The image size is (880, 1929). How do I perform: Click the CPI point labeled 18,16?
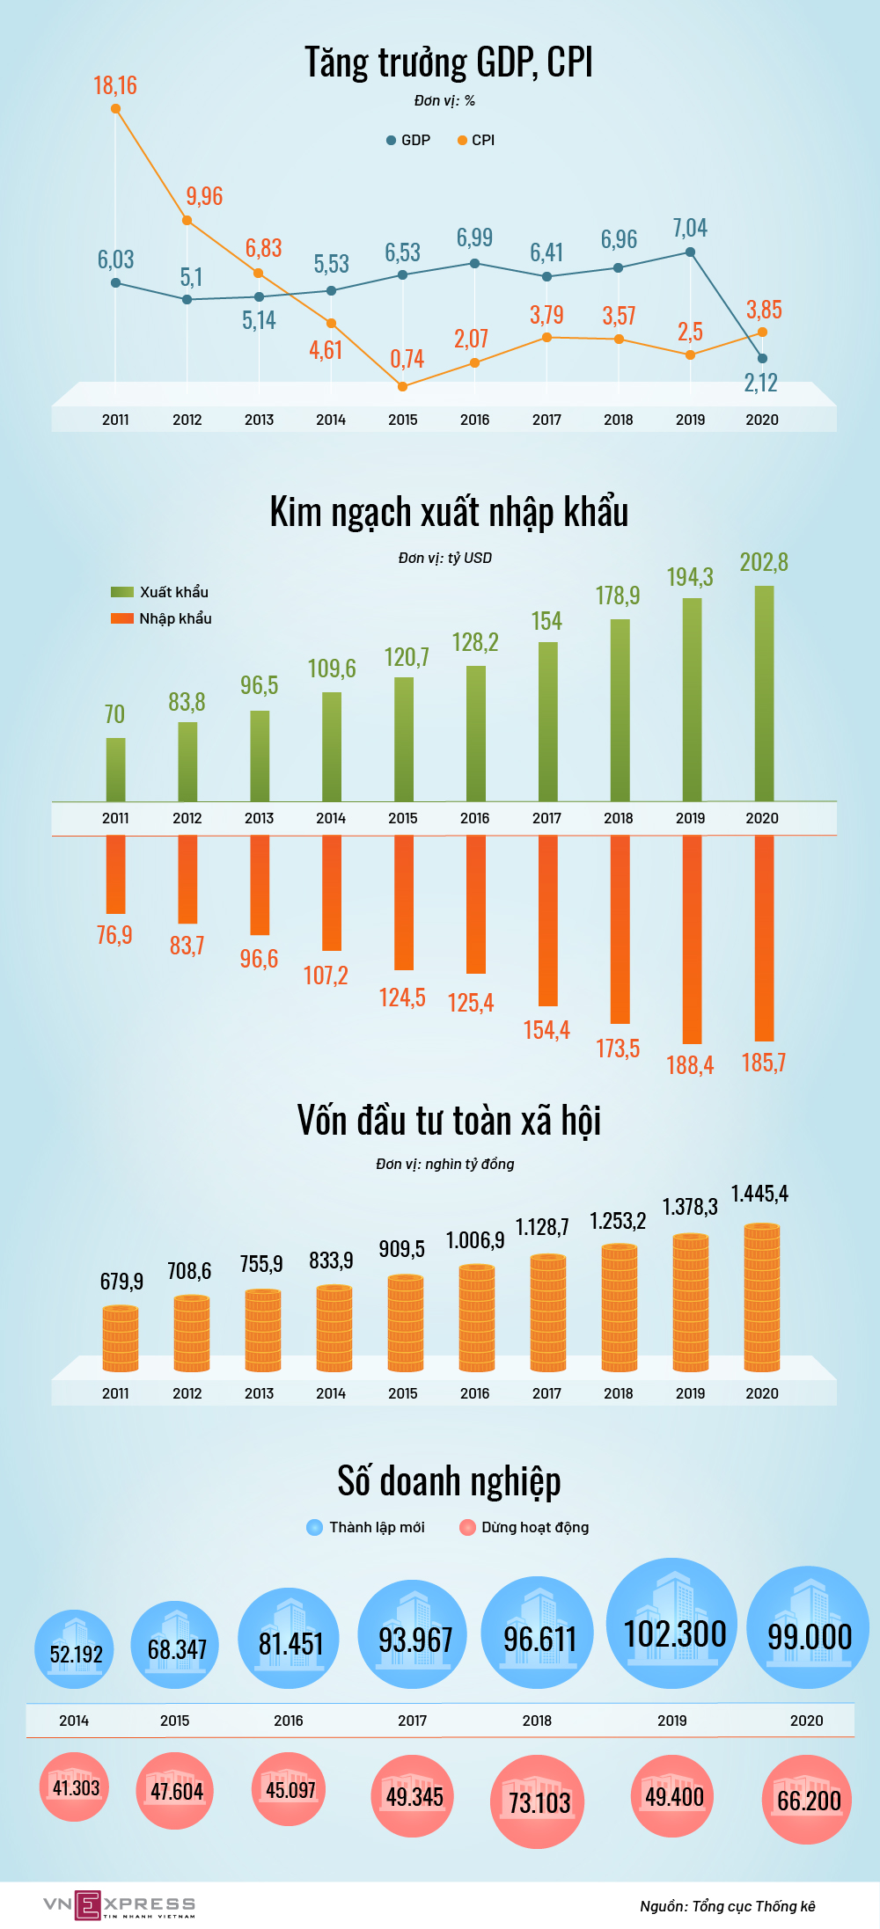coord(116,109)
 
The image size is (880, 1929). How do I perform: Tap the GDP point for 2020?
coord(762,358)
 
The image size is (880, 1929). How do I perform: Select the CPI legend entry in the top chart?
coord(476,140)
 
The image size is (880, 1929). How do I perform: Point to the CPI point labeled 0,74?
coord(403,386)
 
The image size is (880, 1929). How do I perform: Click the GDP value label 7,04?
coord(690,228)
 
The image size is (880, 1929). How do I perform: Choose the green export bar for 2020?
coord(764,693)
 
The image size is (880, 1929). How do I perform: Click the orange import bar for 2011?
coord(115,874)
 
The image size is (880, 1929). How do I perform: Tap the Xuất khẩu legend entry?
coord(160,592)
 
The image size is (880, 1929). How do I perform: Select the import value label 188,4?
coord(690,1065)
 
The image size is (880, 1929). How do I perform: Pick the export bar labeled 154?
coord(547,721)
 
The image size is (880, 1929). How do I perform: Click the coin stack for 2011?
coord(121,1339)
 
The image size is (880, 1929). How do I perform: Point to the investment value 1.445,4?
coord(759,1194)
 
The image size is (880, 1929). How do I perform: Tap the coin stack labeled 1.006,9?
coord(477,1318)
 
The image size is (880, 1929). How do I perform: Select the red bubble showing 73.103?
coord(538,1802)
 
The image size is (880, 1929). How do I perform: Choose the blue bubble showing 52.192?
coord(75,1650)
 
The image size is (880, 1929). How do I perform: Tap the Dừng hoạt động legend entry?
coord(524,1527)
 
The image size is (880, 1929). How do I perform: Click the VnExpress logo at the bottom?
coord(120,1905)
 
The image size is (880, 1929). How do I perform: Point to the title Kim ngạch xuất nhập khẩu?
coord(449,513)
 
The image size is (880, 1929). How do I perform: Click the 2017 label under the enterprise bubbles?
coord(412,1721)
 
